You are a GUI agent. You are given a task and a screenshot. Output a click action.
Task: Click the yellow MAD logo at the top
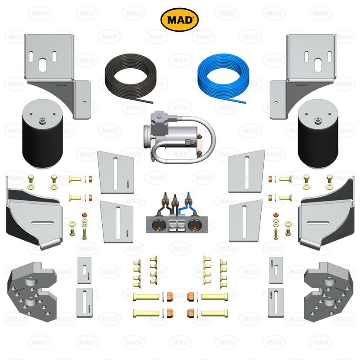tap(180, 19)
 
